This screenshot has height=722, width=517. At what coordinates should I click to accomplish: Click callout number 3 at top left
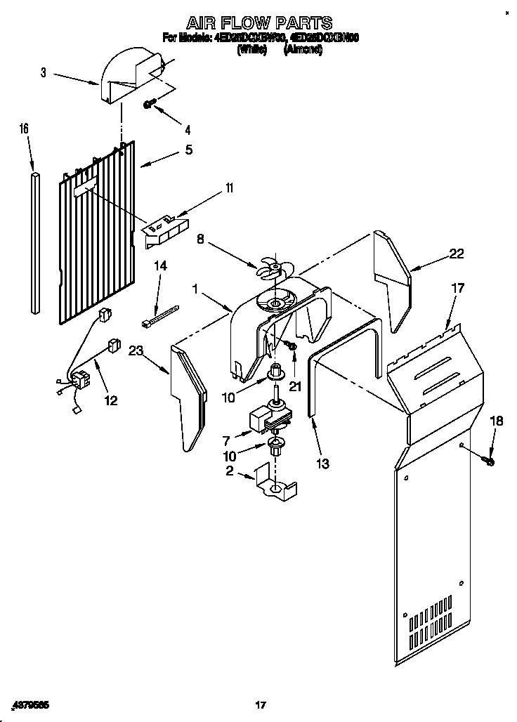click(43, 72)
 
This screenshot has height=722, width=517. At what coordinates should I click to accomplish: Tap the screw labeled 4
click(150, 104)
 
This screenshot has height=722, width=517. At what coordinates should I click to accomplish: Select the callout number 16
click(24, 129)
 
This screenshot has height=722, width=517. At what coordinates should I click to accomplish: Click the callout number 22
click(457, 255)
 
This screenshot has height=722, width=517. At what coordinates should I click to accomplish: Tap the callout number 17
click(458, 287)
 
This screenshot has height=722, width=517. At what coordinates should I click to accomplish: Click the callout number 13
click(322, 464)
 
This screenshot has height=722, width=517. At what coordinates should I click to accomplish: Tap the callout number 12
click(110, 401)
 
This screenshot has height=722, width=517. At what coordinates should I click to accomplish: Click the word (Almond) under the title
click(303, 51)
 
